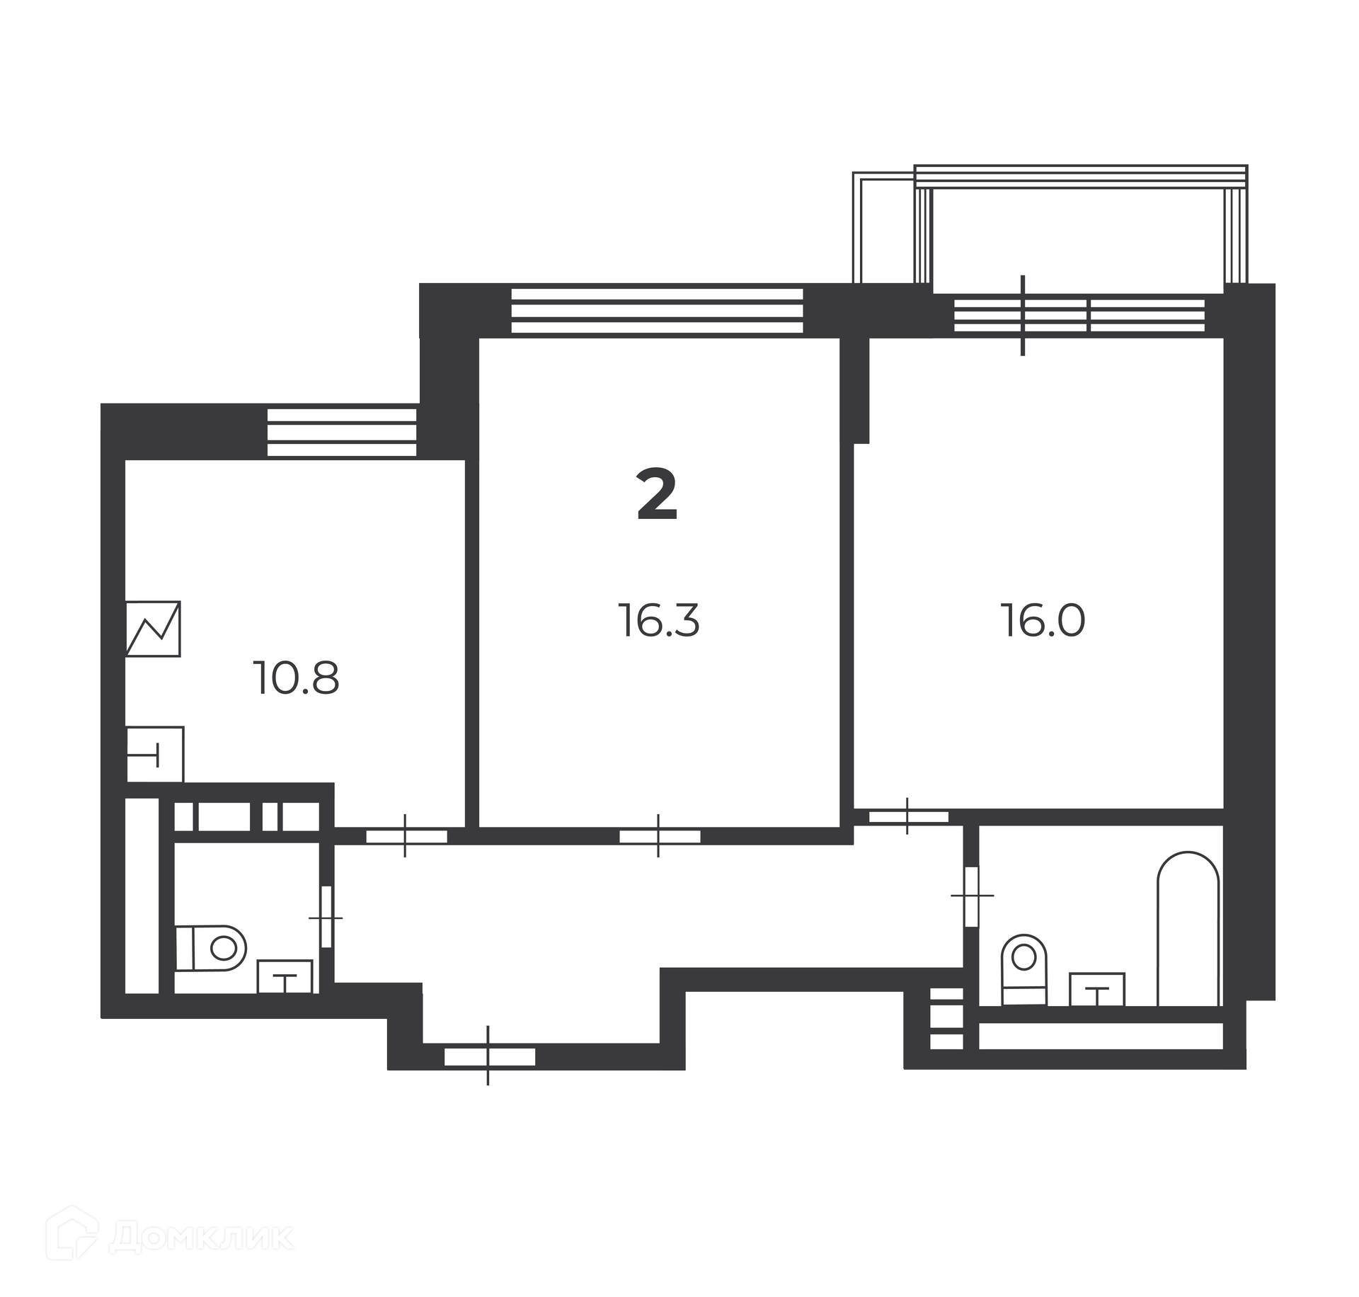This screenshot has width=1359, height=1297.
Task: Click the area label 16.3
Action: (x=658, y=621)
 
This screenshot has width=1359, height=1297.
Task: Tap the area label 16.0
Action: (x=1043, y=621)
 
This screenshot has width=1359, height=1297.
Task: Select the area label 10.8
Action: (x=297, y=678)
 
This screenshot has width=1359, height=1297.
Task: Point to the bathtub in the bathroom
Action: (x=1188, y=928)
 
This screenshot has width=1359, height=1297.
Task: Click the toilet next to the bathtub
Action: (x=1023, y=969)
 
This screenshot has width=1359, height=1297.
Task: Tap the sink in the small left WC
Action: (x=285, y=976)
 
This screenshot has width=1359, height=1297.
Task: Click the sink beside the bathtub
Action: (x=1096, y=989)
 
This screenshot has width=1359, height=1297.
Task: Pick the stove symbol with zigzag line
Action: (x=153, y=629)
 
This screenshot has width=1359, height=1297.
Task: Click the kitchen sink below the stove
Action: (x=155, y=754)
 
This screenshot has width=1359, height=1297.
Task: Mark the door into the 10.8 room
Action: (x=406, y=836)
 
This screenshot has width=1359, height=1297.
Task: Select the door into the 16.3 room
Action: (x=660, y=836)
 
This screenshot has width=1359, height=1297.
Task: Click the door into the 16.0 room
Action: (x=908, y=816)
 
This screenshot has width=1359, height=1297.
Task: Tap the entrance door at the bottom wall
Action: (x=489, y=1057)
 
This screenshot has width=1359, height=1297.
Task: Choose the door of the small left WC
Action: (x=326, y=917)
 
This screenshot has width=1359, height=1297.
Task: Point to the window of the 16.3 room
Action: (x=657, y=310)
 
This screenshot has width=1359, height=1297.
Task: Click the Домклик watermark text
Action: (x=202, y=1234)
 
